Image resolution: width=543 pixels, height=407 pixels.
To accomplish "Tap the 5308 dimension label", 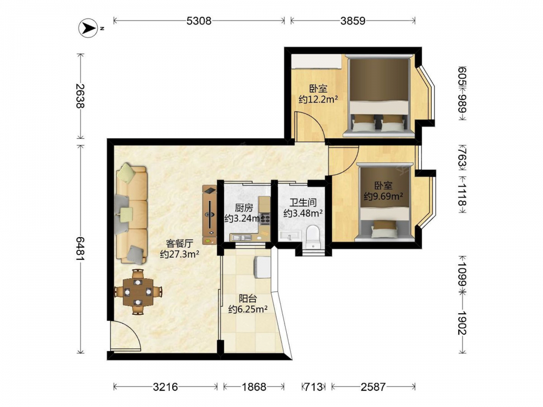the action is tap(199, 21).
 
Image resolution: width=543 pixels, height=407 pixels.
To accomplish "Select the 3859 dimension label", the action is tap(353, 21).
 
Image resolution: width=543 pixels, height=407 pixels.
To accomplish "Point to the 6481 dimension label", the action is tap(80, 249).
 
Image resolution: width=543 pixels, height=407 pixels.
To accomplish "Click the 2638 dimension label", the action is tap(80, 96).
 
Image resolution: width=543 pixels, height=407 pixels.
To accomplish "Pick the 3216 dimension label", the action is tap(166, 386).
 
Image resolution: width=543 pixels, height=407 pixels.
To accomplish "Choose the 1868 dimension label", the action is tap(254, 386).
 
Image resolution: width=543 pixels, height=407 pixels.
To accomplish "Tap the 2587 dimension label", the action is tap(373, 386).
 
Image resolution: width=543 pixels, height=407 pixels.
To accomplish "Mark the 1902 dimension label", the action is tap(462, 322).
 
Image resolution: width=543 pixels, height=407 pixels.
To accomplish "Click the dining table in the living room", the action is tap(138, 292).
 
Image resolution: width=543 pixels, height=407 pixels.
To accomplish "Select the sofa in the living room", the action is tap(131, 213).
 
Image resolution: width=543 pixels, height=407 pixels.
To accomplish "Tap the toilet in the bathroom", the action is tap(314, 237).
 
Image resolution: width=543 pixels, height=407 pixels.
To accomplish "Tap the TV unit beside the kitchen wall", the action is tap(210, 215).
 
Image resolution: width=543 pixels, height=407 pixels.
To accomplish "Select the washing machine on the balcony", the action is tap(262, 267).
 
